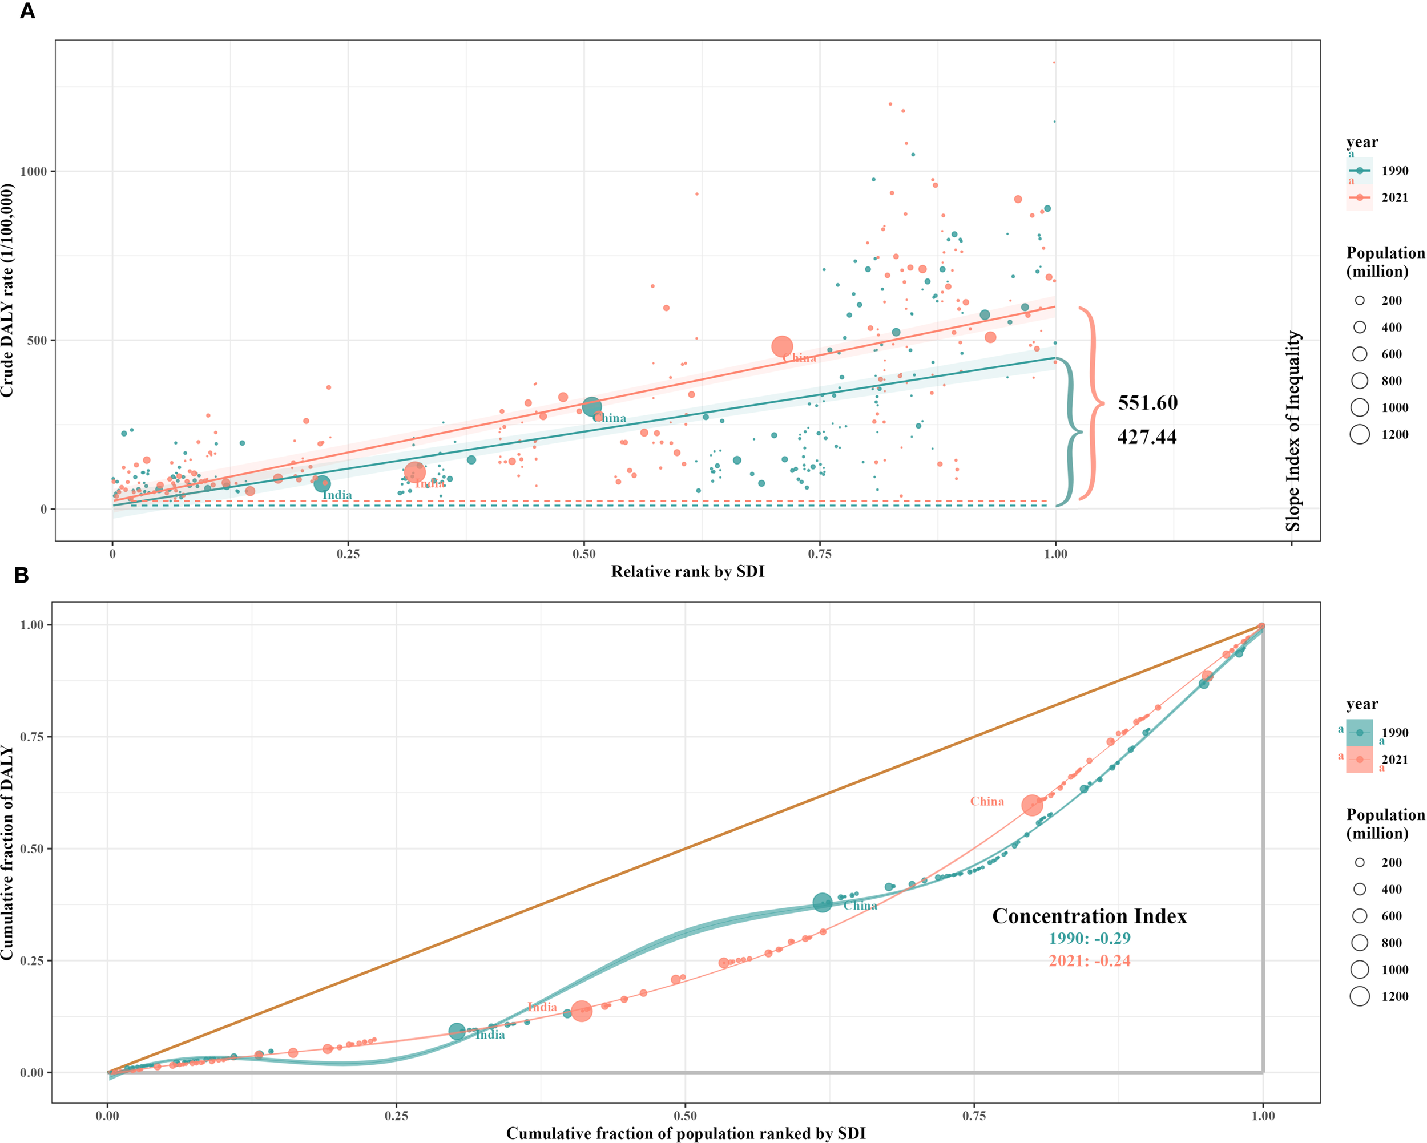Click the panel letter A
pos(27,11)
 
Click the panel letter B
pos(21,576)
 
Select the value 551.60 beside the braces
pos(1148,403)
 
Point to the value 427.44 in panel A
pos(1147,437)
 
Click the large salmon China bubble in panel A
pos(781,346)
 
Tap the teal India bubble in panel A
pos(323,484)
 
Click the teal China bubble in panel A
pos(592,406)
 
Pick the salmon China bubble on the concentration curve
pos(1032,805)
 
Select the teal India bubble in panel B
pos(457,1031)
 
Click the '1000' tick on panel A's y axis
pos(33,171)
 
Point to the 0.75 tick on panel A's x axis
pos(820,554)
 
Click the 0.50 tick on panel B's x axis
pos(685,1116)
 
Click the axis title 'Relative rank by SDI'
pos(688,572)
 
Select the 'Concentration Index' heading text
pos(1090,916)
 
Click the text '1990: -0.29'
pos(1090,939)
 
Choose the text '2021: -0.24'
pos(1090,961)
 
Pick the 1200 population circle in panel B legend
pos(1360,996)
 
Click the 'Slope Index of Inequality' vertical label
pos(1293,431)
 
